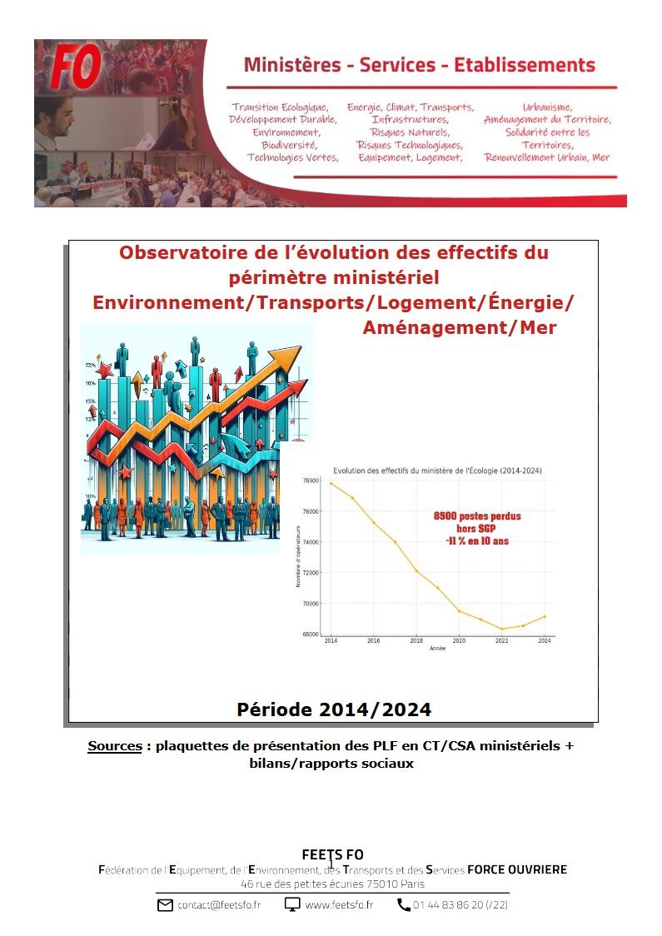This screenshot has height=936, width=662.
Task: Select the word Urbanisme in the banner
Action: point(547,107)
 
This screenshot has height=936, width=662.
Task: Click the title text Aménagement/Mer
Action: point(459,328)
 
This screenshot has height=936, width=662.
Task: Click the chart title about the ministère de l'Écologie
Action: point(437,471)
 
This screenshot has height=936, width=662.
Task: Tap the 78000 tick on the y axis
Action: point(311,481)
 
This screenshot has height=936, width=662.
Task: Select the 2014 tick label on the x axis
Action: point(331,640)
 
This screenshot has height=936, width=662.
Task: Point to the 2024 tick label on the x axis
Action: point(545,640)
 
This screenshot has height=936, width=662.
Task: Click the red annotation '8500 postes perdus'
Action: point(477,516)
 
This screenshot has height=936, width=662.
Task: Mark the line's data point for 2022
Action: point(501,629)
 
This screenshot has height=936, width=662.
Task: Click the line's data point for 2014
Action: point(331,483)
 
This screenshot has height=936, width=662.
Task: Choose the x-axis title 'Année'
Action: point(437,648)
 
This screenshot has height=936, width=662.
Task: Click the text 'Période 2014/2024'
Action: point(334,709)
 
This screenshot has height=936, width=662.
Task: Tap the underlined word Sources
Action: point(115,746)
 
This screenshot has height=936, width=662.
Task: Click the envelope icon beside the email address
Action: point(165,904)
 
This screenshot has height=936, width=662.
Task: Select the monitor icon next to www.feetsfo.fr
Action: point(292,904)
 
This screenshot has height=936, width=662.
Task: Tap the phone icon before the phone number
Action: point(404,904)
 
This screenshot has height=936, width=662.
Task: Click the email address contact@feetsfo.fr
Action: point(218,904)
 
